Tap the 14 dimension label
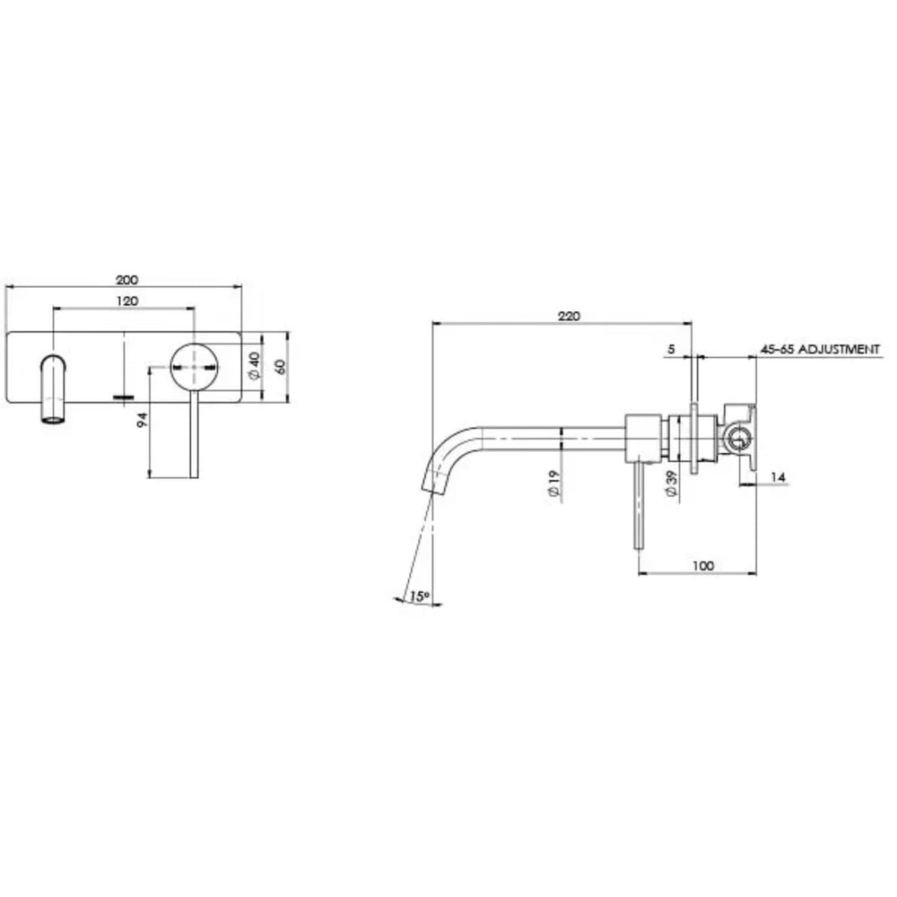point(777,478)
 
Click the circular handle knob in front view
point(194,366)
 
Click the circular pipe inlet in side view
point(738,440)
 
